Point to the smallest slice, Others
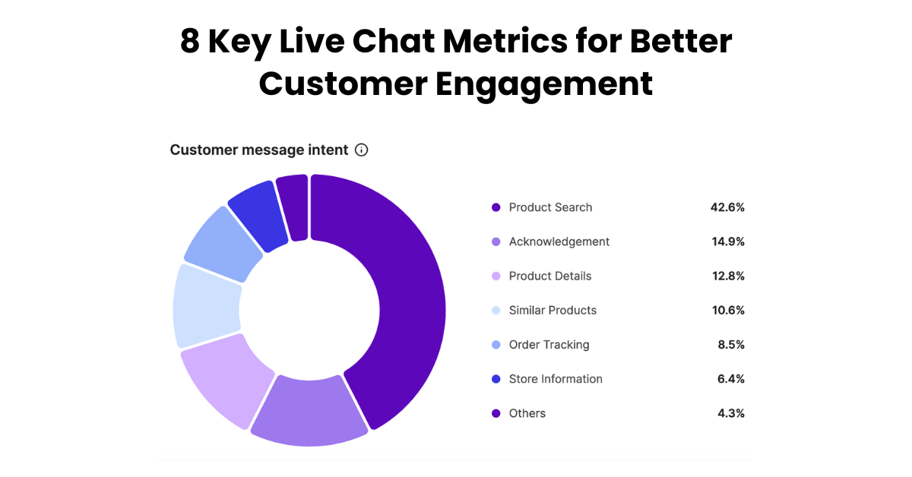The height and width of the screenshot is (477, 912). click(293, 207)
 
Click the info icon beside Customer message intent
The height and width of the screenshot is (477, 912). click(362, 150)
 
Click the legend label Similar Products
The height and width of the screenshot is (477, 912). click(553, 310)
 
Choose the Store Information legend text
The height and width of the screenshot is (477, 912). click(556, 379)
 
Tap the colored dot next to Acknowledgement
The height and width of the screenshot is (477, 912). click(496, 242)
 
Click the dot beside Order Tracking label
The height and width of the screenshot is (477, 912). click(496, 345)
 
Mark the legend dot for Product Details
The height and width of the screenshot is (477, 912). click(496, 276)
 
